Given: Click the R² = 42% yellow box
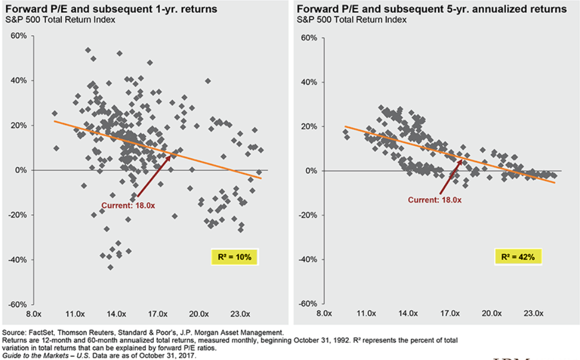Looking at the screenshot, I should click(x=518, y=256).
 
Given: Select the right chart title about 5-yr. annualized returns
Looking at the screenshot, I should click(x=432, y=9).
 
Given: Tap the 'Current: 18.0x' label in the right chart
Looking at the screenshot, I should click(x=434, y=199).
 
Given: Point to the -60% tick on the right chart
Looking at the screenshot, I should click(x=308, y=304).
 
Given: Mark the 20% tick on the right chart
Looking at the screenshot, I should click(x=310, y=126).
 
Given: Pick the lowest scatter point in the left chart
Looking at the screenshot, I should click(x=110, y=267).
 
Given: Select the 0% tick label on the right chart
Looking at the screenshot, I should click(x=312, y=170).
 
